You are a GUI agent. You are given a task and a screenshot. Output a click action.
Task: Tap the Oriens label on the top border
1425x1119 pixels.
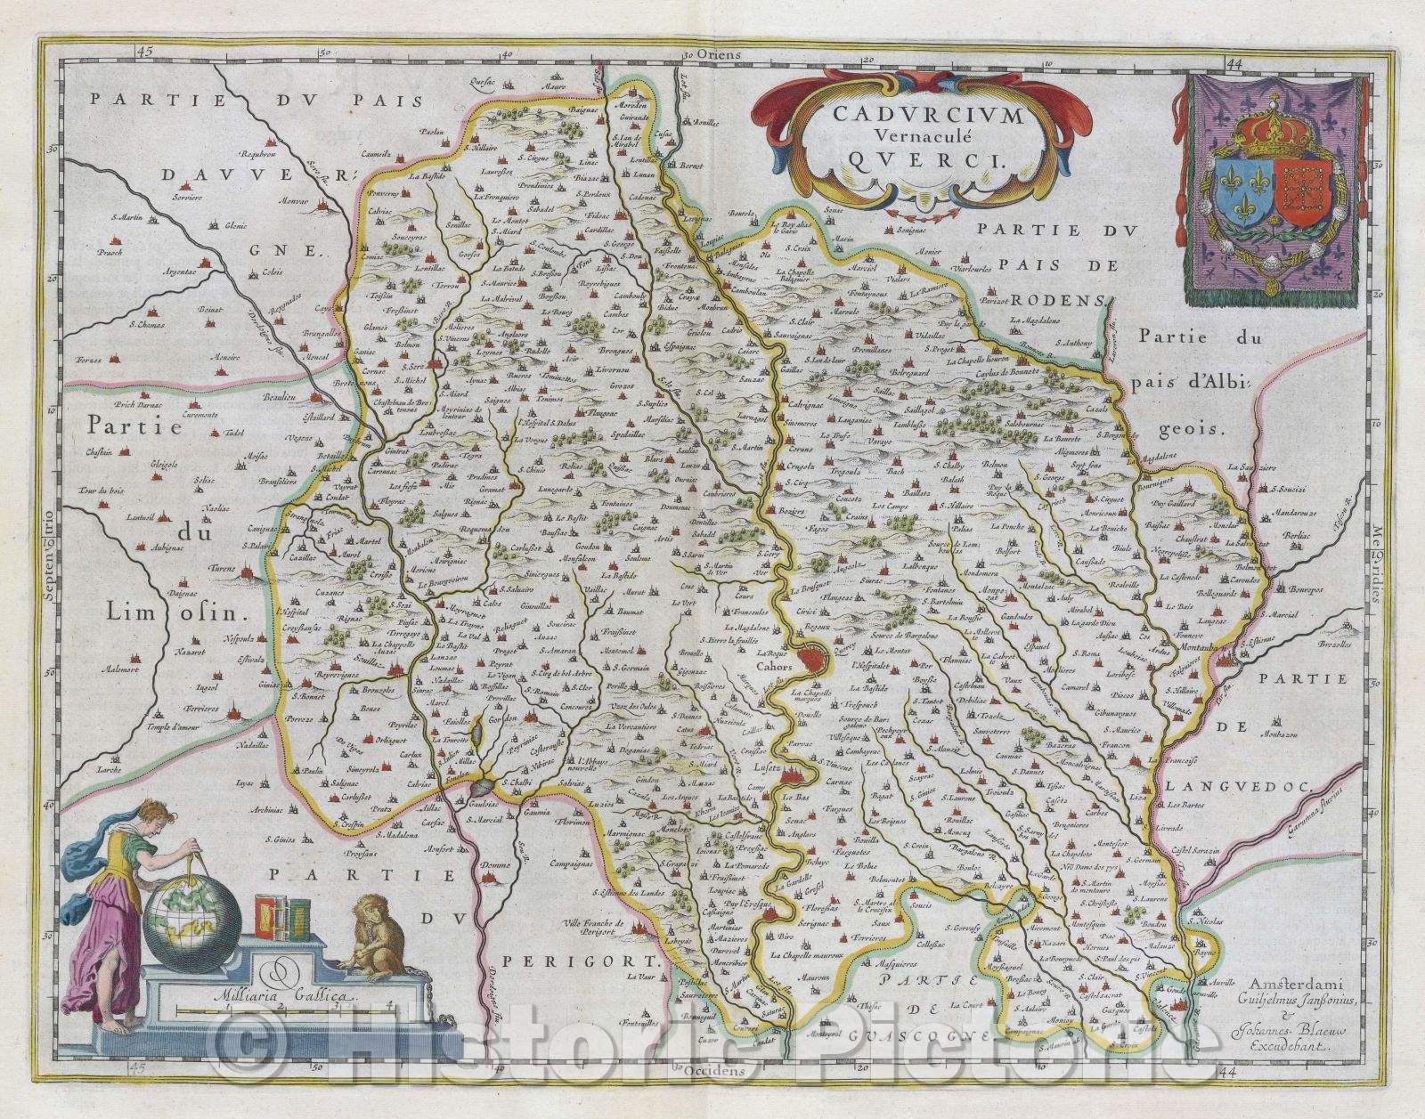pos(721,55)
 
